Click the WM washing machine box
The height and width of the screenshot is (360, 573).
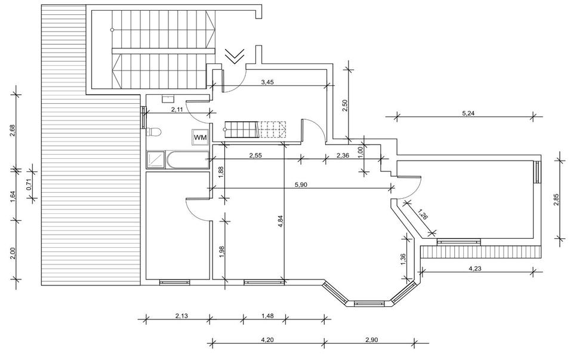click(201, 137)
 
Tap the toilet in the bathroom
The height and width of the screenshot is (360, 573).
click(153, 132)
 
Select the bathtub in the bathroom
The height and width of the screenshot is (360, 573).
click(187, 161)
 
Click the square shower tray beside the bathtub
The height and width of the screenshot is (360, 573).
click(156, 161)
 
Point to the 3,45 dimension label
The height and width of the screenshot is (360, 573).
click(267, 82)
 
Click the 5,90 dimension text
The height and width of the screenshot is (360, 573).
click(301, 185)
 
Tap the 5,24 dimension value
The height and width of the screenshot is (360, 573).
click(468, 113)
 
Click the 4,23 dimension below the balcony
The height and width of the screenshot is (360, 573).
click(475, 269)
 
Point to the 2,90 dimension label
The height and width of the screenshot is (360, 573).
click(371, 340)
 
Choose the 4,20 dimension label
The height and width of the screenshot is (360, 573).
click(267, 340)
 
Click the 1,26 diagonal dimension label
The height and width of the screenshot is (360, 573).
click(422, 214)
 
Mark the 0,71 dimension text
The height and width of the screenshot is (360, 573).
click(30, 182)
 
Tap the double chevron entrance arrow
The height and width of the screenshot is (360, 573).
click(235, 56)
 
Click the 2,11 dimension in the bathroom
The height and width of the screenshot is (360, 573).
click(177, 109)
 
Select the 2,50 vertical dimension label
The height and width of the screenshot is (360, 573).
click(344, 106)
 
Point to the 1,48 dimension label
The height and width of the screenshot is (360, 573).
click(268, 316)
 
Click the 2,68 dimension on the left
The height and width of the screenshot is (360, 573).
click(13, 131)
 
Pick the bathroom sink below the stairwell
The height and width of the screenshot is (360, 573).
click(168, 98)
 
